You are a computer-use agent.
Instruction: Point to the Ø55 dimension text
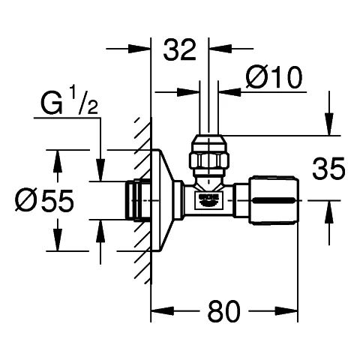point(46,200)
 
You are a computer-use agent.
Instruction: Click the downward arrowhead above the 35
point(327,128)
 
